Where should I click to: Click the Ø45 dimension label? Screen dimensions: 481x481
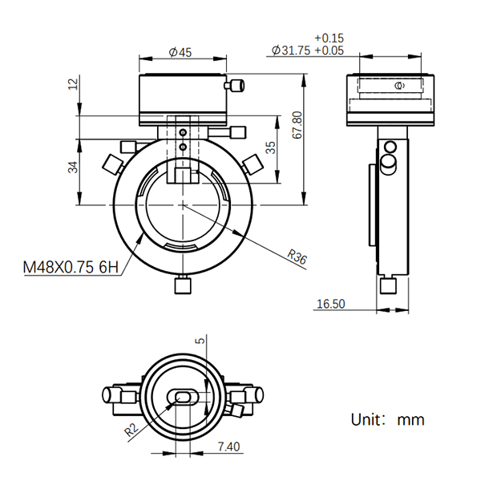(180, 52)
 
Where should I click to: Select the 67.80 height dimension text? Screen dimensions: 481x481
(297, 125)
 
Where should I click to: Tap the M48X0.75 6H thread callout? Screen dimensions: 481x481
(71, 267)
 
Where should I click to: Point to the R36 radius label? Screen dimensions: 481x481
(297, 257)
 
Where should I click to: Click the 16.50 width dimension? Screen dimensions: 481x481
(330, 304)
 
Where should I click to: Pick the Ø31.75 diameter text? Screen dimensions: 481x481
(291, 51)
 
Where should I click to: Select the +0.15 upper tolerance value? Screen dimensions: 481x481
(329, 38)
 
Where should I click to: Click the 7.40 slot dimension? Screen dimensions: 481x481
(228, 447)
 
